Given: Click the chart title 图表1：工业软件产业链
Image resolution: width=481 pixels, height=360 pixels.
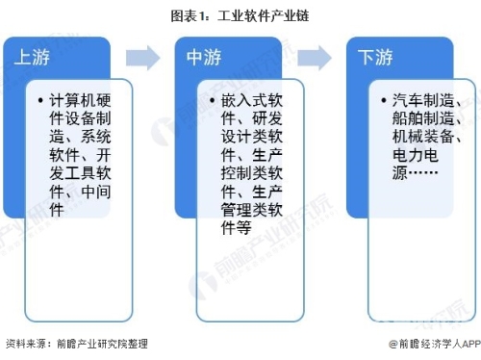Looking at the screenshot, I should tap(240, 16).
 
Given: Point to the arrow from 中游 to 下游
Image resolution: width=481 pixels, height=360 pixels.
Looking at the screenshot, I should tap(315, 58).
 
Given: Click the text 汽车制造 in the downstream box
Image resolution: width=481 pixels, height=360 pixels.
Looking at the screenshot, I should tap(421, 100).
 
